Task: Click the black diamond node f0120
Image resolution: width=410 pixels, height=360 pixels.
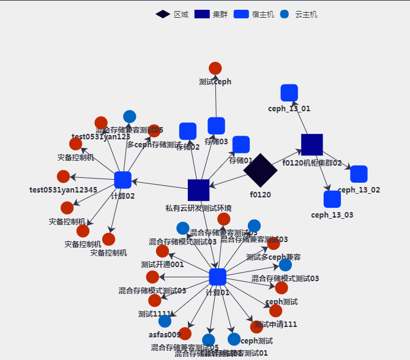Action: click(x=260, y=170)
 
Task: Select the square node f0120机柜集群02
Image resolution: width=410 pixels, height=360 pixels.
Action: click(x=312, y=145)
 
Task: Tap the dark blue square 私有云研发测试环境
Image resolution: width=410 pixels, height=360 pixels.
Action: click(x=199, y=190)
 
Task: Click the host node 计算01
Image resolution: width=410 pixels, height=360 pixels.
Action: click(x=217, y=277)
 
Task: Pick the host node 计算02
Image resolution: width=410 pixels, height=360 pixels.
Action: click(x=123, y=180)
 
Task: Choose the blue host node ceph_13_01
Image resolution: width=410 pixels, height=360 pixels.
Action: click(x=289, y=93)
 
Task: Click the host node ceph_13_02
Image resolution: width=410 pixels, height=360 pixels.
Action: click(x=359, y=174)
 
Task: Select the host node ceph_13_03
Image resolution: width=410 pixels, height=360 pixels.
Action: click(x=332, y=199)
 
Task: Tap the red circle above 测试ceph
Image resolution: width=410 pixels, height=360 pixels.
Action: click(x=215, y=68)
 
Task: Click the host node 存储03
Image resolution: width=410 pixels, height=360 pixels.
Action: click(x=216, y=126)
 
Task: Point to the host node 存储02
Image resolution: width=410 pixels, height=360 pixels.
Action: click(x=188, y=131)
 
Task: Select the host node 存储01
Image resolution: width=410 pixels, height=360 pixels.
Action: click(x=241, y=145)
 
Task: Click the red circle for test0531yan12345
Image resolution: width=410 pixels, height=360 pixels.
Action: click(x=64, y=177)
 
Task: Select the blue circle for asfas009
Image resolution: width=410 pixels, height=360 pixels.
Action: click(x=165, y=321)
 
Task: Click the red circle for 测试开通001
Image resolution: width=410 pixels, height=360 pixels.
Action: click(x=162, y=251)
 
